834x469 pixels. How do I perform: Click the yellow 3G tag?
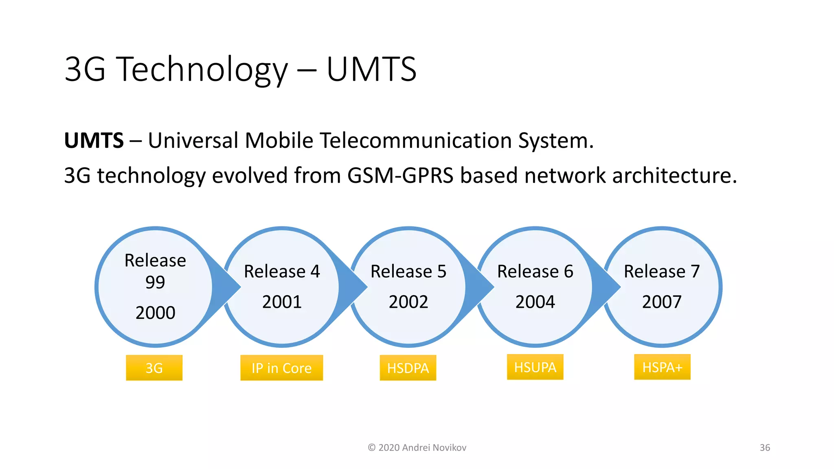pos(154,368)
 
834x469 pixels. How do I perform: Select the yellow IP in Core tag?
pos(281,368)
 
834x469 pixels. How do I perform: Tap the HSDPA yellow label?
pos(408,368)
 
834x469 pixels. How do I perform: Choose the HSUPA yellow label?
pos(535,367)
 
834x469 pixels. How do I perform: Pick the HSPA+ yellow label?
pos(662,367)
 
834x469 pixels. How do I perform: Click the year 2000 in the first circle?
pos(155,313)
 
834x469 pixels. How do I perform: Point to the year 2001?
pos(282,302)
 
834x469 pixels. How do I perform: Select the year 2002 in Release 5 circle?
pos(408,302)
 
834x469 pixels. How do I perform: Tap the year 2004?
pos(535,302)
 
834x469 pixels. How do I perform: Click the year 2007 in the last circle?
pos(662,302)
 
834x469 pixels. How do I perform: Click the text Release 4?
pos(282,271)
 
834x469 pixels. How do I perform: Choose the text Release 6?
pos(535,271)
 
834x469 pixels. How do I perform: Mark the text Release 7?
pos(662,271)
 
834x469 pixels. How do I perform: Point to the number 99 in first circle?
pos(155,282)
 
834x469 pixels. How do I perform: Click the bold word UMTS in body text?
pos(94,140)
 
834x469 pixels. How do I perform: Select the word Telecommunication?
pos(415,140)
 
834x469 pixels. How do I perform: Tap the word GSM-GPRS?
pos(400,175)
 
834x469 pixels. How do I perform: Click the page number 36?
pos(765,447)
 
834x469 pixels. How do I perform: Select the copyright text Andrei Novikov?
pos(434,447)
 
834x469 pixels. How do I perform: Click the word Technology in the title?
pos(203,69)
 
